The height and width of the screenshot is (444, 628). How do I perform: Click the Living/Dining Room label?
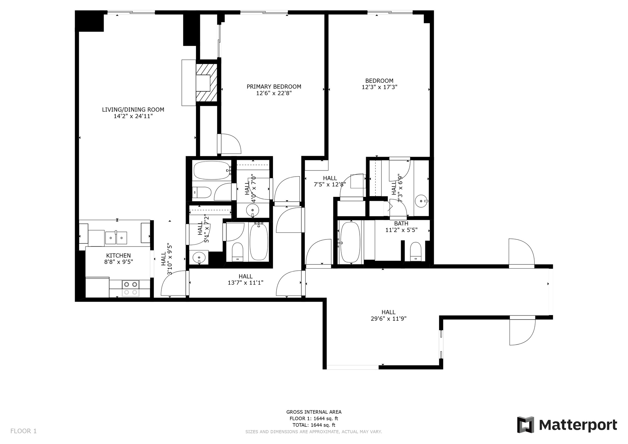pyautogui.click(x=133, y=109)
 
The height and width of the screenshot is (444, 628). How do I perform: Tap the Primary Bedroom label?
pyautogui.click(x=274, y=87)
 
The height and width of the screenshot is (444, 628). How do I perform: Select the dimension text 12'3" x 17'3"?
pyautogui.click(x=379, y=87)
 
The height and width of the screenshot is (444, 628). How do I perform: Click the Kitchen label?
pyautogui.click(x=118, y=255)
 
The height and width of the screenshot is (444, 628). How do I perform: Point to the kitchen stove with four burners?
pyautogui.click(x=131, y=288)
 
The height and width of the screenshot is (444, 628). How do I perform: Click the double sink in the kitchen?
pyautogui.click(x=116, y=238)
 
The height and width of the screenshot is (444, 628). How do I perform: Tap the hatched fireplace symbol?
pyautogui.click(x=206, y=82)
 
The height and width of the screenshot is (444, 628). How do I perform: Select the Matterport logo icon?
pyautogui.click(x=526, y=425)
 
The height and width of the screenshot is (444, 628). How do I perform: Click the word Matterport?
pyautogui.click(x=578, y=425)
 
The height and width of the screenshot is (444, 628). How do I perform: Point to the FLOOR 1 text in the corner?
pyautogui.click(x=24, y=431)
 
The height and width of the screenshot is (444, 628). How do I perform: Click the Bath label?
pyautogui.click(x=401, y=224)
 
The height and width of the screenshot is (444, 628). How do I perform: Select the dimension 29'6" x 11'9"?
pyautogui.click(x=389, y=319)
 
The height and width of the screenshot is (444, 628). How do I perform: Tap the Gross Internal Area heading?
pyautogui.click(x=314, y=412)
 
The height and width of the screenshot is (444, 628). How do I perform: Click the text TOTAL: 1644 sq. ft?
pyautogui.click(x=314, y=425)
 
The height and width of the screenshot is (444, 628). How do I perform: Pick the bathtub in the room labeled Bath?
pyautogui.click(x=350, y=242)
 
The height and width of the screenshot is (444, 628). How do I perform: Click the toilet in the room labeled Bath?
pyautogui.click(x=416, y=251)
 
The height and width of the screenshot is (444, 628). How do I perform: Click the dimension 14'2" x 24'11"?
pyautogui.click(x=133, y=116)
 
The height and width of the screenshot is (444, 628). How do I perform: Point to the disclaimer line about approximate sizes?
pyautogui.click(x=314, y=432)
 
